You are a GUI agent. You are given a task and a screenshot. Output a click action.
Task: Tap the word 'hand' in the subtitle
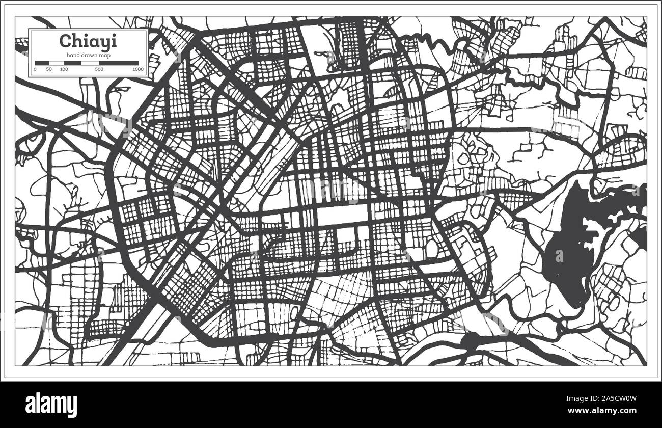72,55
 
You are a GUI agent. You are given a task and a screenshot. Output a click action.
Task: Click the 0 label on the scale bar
35,69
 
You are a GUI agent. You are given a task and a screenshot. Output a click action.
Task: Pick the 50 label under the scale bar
49,69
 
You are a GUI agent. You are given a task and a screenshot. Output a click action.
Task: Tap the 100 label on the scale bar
64,69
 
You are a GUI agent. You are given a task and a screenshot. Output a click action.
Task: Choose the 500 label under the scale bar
99,69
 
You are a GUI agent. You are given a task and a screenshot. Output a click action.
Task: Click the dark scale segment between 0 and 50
42,63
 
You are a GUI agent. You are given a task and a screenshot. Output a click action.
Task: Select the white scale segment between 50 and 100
56,63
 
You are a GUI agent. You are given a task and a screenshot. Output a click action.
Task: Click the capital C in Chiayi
65,40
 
